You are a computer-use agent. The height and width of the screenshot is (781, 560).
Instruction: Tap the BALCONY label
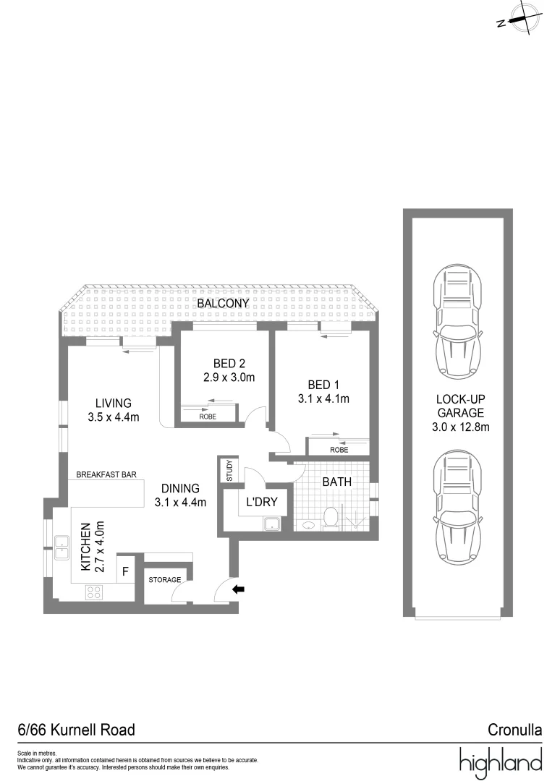(224, 304)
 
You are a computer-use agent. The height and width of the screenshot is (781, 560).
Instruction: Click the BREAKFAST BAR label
(108, 475)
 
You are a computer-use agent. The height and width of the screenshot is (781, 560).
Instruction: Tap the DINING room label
(181, 489)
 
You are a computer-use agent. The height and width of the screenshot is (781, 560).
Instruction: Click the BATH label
(338, 481)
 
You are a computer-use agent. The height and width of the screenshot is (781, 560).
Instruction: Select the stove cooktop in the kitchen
(94, 592)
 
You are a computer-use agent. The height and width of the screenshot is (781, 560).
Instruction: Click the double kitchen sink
(61, 547)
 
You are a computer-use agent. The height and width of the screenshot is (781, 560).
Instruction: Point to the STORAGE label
(164, 580)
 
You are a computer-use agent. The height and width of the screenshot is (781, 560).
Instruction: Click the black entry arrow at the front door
(238, 590)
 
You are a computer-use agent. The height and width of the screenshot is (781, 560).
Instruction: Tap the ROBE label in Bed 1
(339, 450)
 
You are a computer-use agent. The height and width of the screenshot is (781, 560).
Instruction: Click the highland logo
(500, 761)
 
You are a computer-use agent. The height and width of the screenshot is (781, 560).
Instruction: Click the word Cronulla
(515, 730)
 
